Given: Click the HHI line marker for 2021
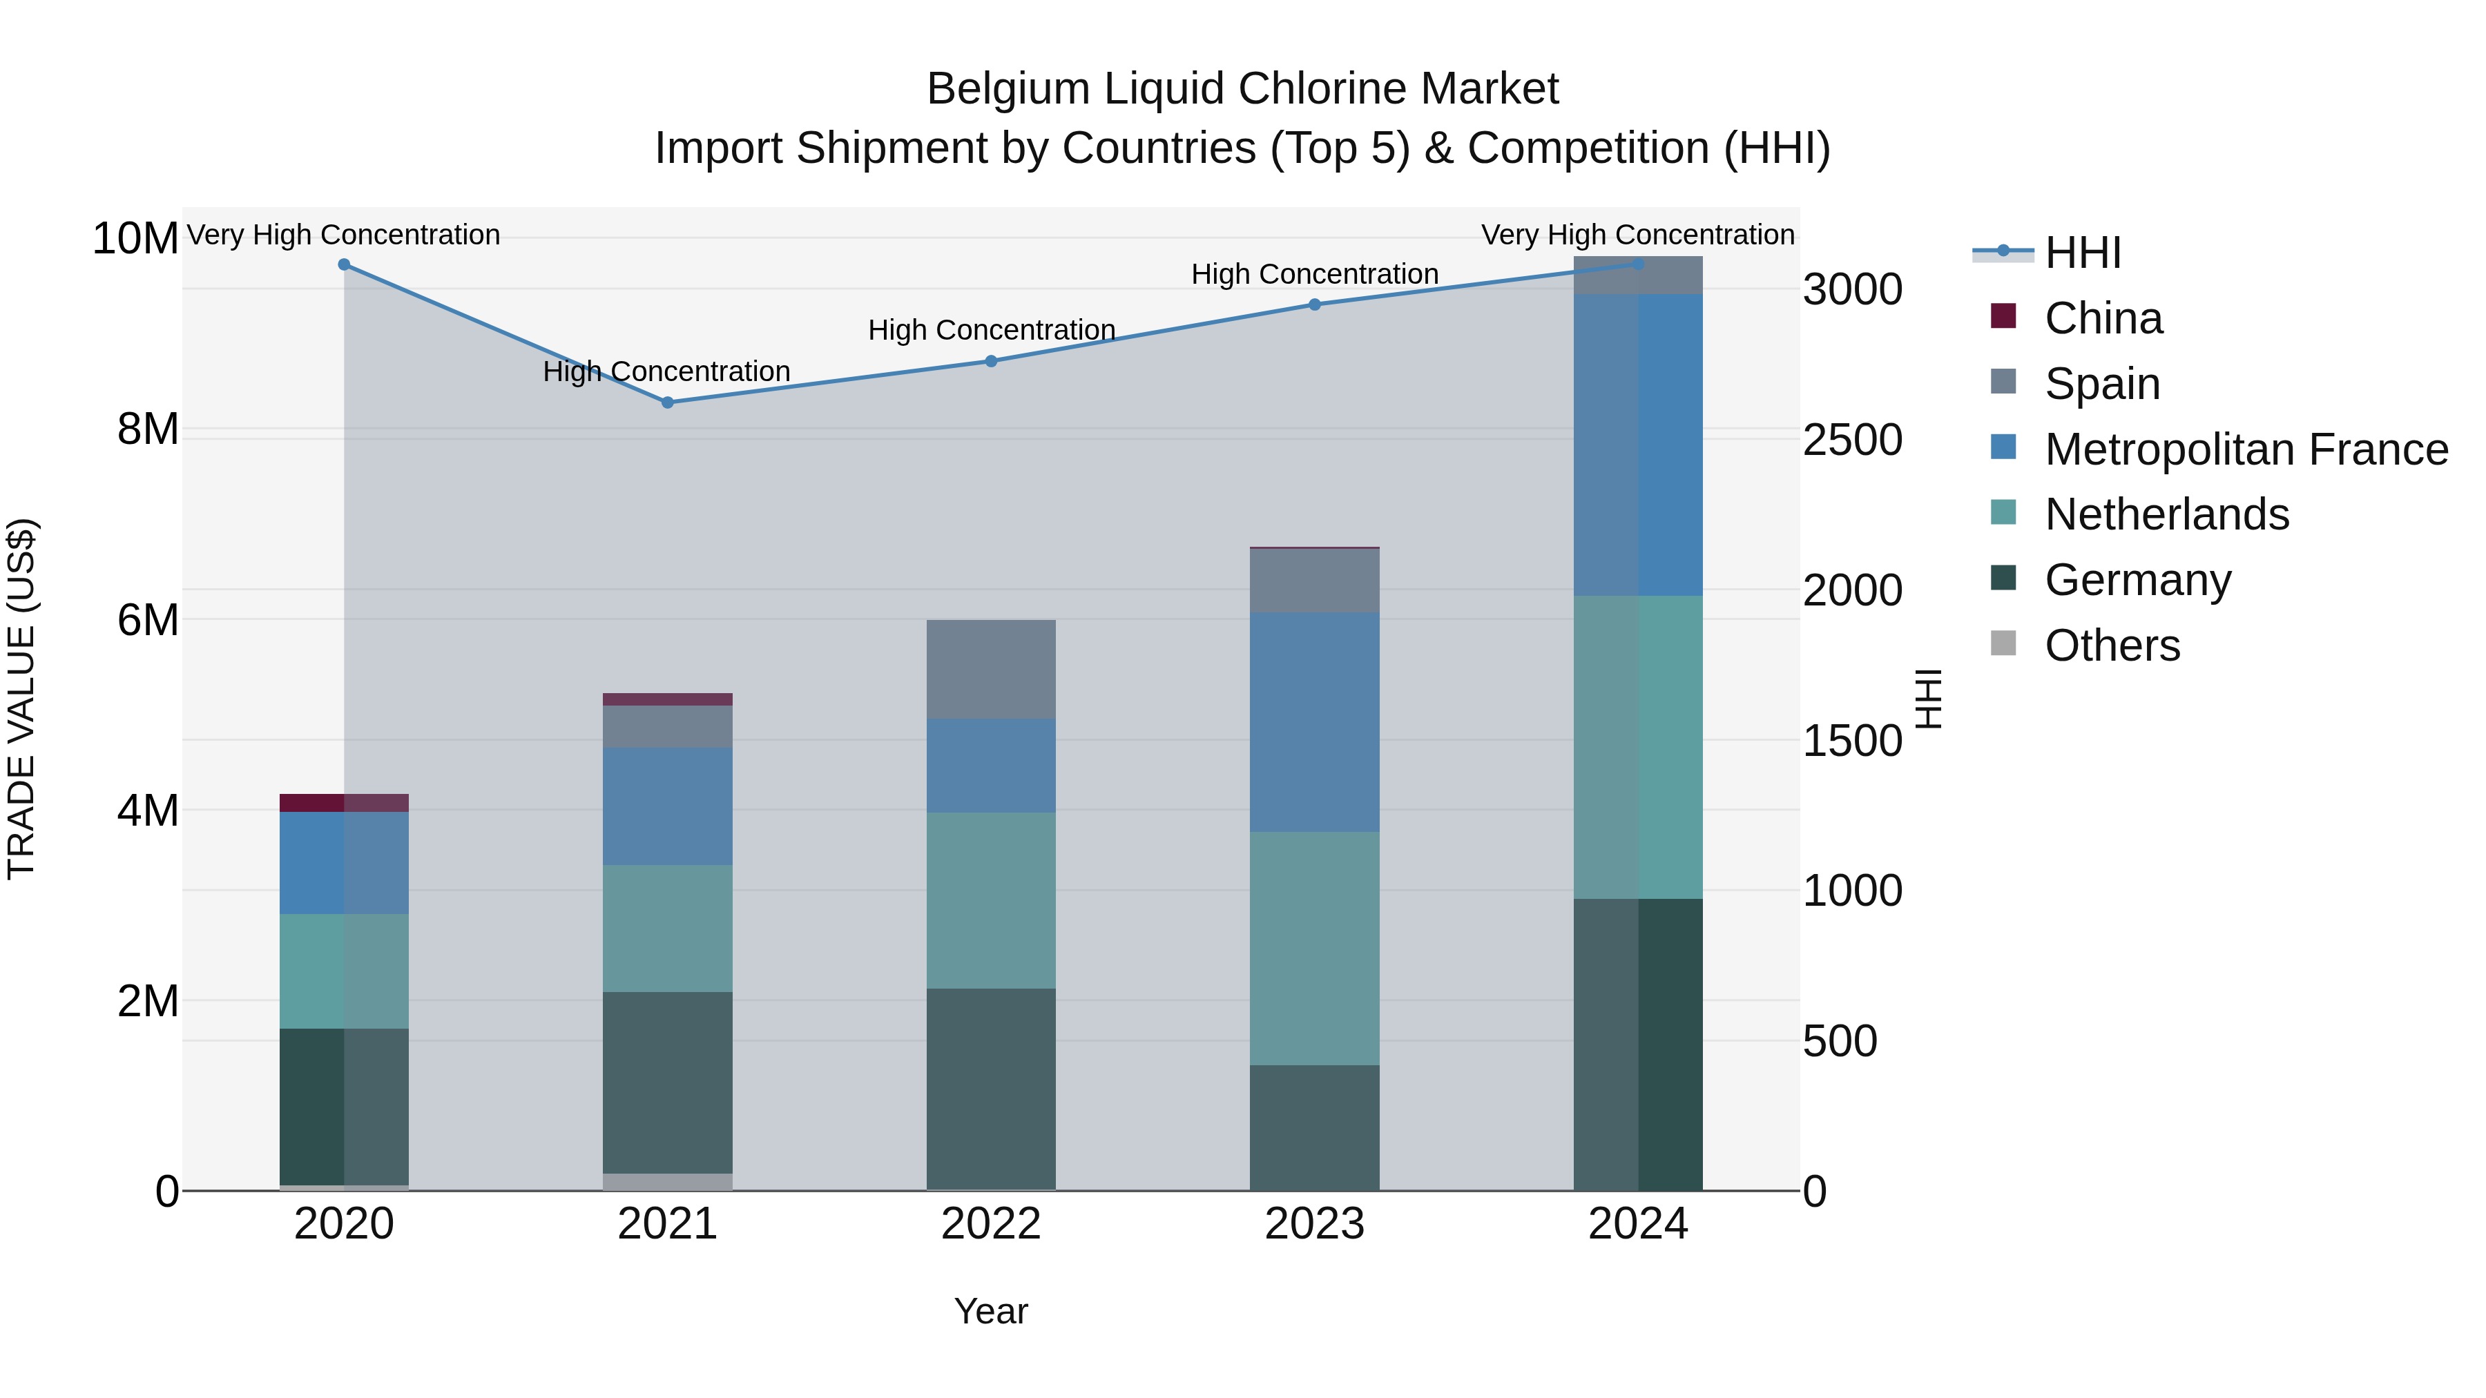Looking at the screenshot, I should pos(667,402).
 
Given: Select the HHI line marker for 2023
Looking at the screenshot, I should pos(1314,304).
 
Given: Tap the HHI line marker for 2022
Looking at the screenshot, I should pos(991,361).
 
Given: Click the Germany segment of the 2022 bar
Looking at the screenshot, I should pos(991,1088).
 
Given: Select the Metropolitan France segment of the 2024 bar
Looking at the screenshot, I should pos(1638,445).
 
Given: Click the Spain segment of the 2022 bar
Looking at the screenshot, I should pos(991,668).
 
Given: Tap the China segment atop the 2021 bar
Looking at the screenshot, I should pos(667,699).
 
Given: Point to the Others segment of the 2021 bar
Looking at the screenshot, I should pos(667,1181).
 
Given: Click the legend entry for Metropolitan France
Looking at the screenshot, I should pos(2245,449).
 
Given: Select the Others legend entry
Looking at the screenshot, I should pos(2112,645).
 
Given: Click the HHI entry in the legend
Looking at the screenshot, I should pos(2083,253).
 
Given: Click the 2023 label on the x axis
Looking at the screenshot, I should pos(1314,1224).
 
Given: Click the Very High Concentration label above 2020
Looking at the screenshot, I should pos(344,235).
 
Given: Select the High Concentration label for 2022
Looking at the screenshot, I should pos(991,330).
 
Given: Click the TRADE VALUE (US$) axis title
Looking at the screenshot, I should pos(21,699).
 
